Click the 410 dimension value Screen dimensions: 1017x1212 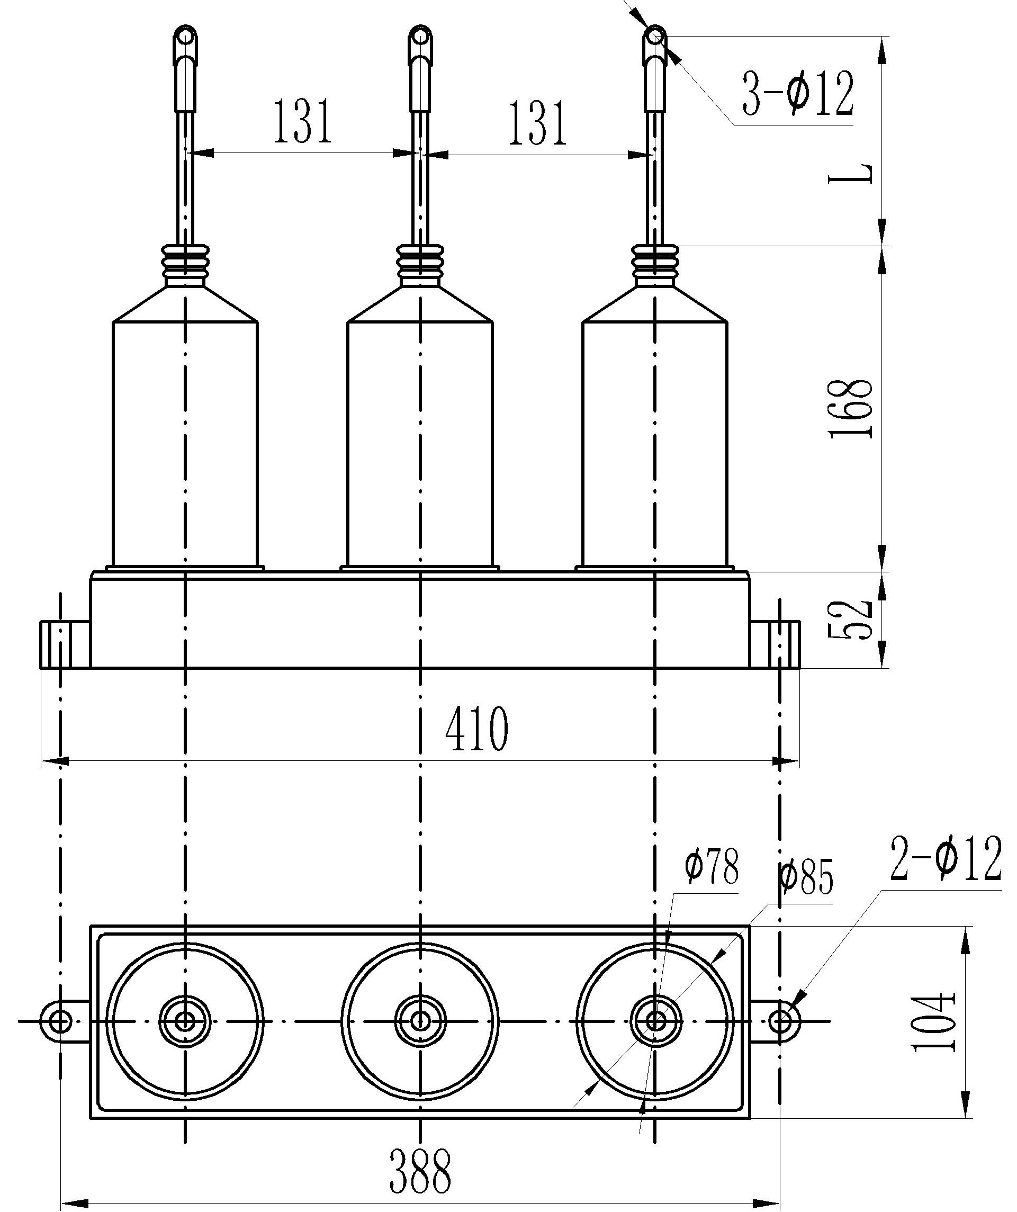[477, 729]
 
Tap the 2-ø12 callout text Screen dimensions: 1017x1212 [946, 859]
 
